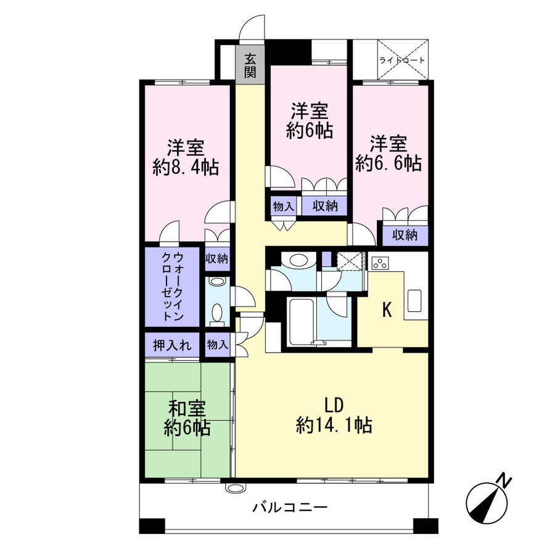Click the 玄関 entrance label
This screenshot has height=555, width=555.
pyautogui.click(x=250, y=65)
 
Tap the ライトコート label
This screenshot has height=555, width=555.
pyautogui.click(x=402, y=60)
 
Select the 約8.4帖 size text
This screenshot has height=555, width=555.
pyautogui.click(x=186, y=168)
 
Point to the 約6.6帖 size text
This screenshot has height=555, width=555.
pyautogui.click(x=388, y=163)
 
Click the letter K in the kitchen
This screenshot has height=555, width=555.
pyautogui.click(x=387, y=310)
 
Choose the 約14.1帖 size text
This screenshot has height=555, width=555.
pyautogui.click(x=334, y=425)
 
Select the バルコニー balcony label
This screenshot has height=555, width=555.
pyautogui.click(x=289, y=508)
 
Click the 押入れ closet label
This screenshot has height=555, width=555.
pyautogui.click(x=172, y=345)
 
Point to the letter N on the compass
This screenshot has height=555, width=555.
pyautogui.click(x=504, y=479)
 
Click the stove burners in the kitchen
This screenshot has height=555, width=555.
pyautogui.click(x=380, y=263)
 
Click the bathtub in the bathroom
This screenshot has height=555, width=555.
pyautogui.click(x=302, y=323)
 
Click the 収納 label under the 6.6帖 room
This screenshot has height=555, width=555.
pyautogui.click(x=405, y=235)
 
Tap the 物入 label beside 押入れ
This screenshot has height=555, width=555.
pyautogui.click(x=217, y=345)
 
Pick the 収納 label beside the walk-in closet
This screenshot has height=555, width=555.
pyautogui.click(x=216, y=259)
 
